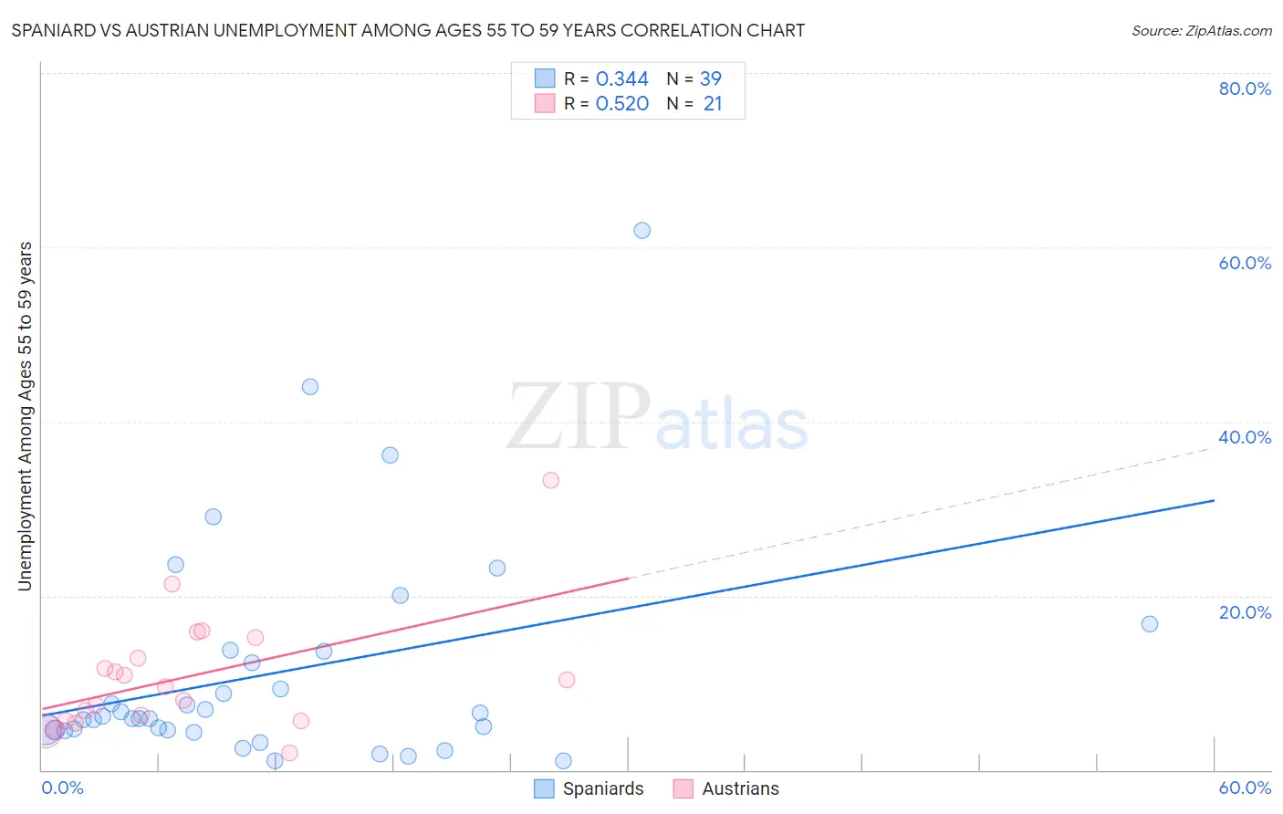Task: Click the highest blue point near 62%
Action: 641,231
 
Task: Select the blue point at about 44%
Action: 310,387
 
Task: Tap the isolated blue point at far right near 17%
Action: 1150,624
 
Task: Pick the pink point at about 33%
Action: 550,480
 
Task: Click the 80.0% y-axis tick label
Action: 1245,89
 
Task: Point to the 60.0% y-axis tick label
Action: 1245,263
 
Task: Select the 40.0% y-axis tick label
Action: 1245,437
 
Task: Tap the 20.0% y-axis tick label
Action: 1245,612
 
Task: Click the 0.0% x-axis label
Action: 63,788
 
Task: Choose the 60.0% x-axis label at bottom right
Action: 1245,788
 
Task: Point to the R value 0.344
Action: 621,79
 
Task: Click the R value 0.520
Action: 621,104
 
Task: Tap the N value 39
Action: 710,79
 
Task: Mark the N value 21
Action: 712,104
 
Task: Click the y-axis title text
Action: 26,416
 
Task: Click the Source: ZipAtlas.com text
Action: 1201,31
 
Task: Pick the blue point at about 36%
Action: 390,455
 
